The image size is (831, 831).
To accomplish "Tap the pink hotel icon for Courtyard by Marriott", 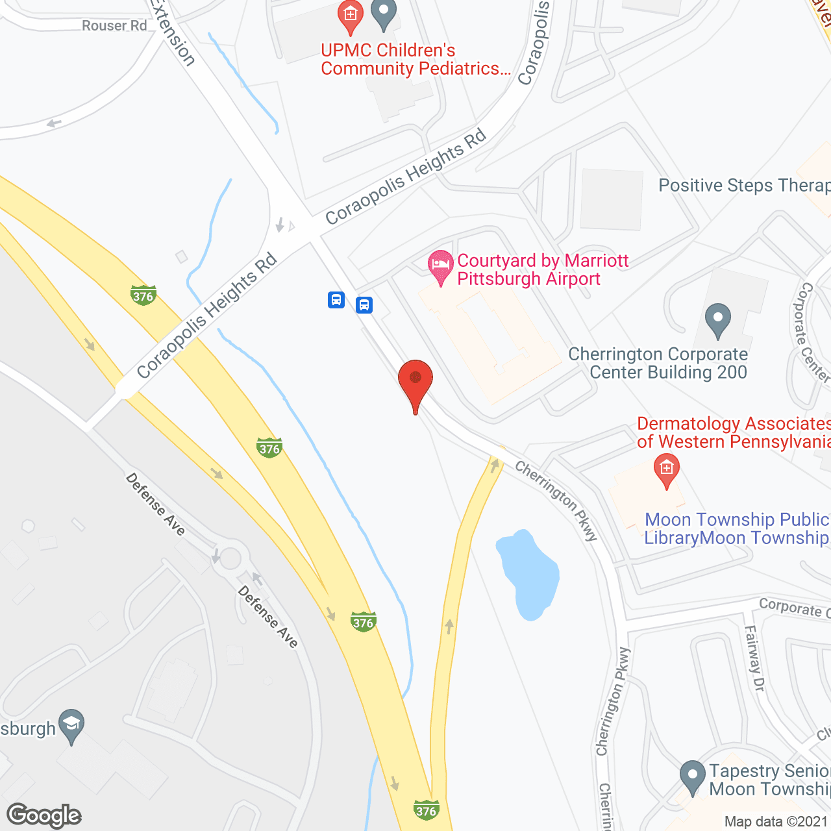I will point(441,266).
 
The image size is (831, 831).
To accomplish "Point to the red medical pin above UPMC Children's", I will point(351,16).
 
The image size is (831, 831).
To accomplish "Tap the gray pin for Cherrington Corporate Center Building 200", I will point(718,319).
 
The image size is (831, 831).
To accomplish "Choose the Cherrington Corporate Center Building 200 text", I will point(658,364).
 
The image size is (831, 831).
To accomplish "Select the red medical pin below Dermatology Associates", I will point(666,469).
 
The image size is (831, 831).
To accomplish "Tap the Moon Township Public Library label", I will point(736,529).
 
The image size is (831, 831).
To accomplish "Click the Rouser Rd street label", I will point(114,26).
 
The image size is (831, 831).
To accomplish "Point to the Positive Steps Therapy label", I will point(744,186).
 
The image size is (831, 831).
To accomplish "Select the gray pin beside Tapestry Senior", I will point(693,776).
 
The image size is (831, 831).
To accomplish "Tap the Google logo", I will point(44,815).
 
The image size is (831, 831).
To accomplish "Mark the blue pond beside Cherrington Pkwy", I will point(527,575).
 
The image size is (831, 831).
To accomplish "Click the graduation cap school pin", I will point(71,725).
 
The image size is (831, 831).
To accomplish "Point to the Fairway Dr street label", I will point(754,657).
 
